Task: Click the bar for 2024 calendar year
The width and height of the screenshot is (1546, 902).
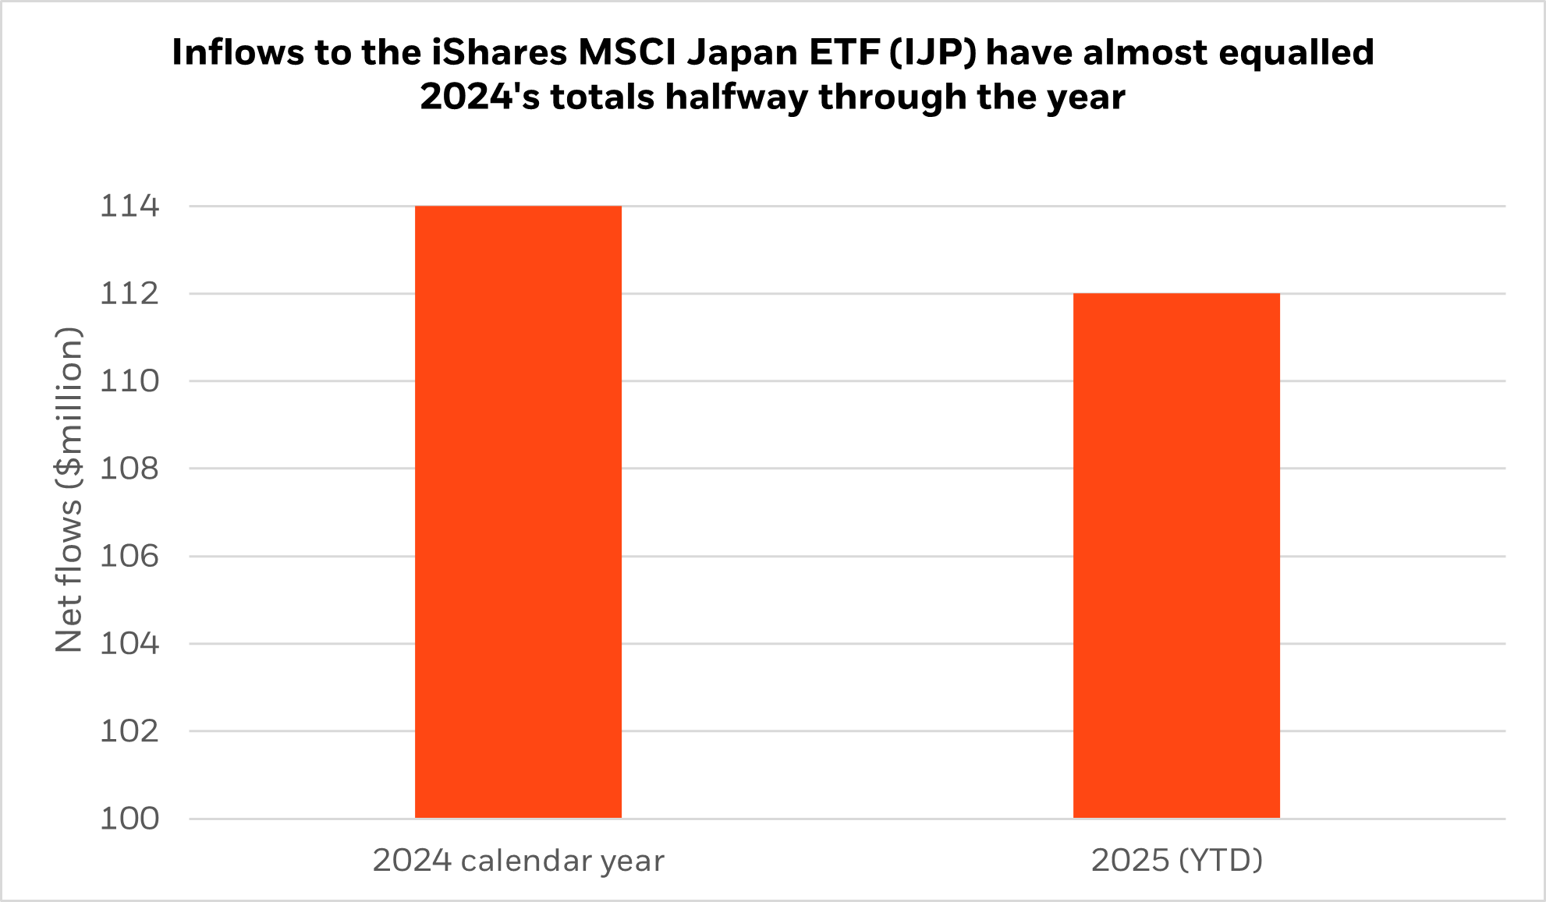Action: tap(518, 511)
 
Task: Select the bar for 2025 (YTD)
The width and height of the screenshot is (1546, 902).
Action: tap(1176, 555)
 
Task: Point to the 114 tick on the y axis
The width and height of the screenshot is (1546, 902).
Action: tap(129, 207)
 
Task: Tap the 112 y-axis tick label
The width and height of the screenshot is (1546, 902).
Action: tap(129, 294)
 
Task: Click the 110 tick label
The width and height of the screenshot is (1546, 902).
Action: tap(129, 381)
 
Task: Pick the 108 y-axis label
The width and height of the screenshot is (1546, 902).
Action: tap(129, 469)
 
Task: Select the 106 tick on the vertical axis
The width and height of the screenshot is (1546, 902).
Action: tap(129, 556)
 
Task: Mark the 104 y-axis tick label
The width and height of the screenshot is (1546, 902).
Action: tap(129, 644)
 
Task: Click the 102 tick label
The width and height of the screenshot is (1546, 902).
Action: tap(129, 731)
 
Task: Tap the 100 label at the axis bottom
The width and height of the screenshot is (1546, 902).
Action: tap(129, 819)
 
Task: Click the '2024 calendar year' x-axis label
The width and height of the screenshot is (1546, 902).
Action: tap(518, 861)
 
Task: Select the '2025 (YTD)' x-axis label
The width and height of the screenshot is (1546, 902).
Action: tap(1176, 861)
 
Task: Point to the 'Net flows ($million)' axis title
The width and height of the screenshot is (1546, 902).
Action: tap(69, 489)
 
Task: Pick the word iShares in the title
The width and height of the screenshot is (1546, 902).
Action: tap(499, 53)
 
